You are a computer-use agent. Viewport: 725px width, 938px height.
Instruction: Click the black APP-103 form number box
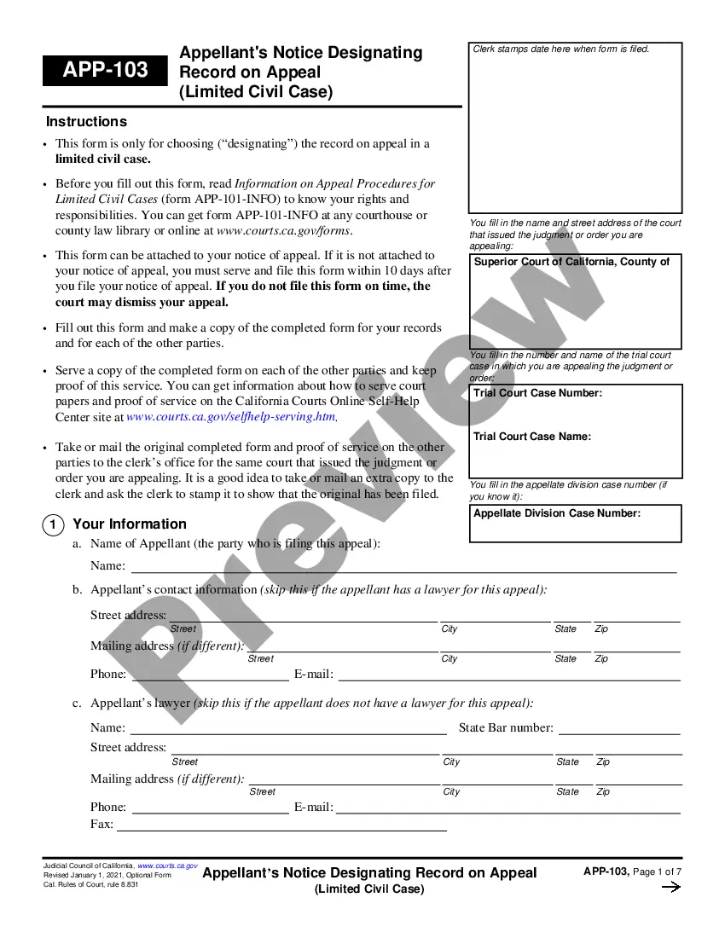click(105, 70)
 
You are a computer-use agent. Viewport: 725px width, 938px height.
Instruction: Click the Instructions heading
click(86, 121)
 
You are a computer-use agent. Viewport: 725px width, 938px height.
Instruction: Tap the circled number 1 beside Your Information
click(52, 525)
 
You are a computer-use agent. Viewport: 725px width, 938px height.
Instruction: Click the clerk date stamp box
click(576, 128)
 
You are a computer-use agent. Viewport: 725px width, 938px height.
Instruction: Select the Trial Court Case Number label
click(537, 393)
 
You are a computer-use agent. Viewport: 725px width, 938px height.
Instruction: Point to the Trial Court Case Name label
click(532, 437)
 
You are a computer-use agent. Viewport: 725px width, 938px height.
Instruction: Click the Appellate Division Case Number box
click(576, 524)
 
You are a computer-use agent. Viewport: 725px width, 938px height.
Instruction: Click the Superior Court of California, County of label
click(571, 262)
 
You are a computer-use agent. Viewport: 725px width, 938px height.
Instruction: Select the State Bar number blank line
click(619, 729)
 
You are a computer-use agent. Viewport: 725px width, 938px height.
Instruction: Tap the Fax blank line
click(281, 825)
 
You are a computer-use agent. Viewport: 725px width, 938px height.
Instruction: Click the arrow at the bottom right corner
click(671, 888)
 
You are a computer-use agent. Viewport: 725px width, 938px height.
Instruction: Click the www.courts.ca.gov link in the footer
click(167, 866)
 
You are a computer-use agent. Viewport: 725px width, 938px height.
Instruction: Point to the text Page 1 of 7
click(658, 871)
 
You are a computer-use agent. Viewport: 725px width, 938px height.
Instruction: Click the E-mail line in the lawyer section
click(507, 808)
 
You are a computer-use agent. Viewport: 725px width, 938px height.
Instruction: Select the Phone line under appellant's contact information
click(210, 675)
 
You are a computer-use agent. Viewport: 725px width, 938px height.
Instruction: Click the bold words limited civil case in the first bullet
click(103, 159)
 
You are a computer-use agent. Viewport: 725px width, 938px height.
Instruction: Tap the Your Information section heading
click(130, 524)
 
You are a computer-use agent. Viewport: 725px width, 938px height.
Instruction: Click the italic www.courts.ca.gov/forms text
click(284, 230)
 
